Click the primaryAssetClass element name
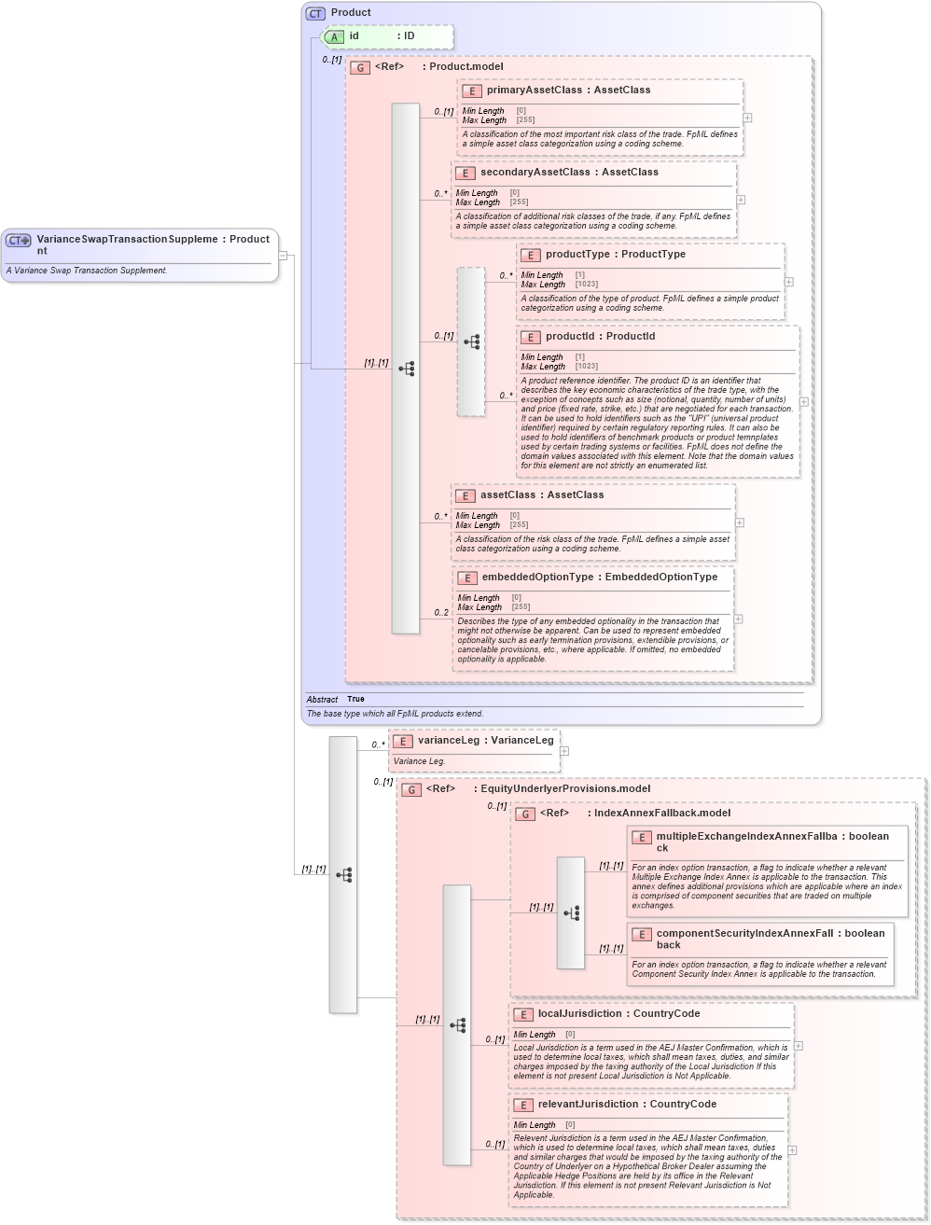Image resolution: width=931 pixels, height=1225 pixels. click(534, 90)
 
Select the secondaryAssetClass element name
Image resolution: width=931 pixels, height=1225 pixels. click(535, 173)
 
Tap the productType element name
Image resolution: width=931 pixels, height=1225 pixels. click(577, 255)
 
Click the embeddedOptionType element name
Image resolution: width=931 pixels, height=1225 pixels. click(537, 578)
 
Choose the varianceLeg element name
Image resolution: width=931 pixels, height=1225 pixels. click(448, 741)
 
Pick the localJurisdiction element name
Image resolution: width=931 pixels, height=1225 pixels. click(579, 1014)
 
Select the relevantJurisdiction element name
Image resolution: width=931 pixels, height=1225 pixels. click(588, 1105)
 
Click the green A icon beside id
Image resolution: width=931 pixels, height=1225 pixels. click(334, 36)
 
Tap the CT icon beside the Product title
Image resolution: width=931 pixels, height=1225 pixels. click(315, 13)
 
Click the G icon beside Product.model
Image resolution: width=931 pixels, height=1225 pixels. click(360, 67)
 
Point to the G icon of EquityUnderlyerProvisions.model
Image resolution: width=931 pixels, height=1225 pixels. click(411, 789)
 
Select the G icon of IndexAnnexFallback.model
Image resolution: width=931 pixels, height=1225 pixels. click(526, 814)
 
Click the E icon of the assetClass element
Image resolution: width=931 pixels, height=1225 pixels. click(465, 495)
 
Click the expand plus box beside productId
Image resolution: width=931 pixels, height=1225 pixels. click(803, 402)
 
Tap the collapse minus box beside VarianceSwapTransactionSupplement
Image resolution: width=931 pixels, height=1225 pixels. click(283, 256)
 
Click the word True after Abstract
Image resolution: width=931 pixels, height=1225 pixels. click(355, 699)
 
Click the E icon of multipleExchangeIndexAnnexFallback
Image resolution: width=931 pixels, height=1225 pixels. click(641, 838)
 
